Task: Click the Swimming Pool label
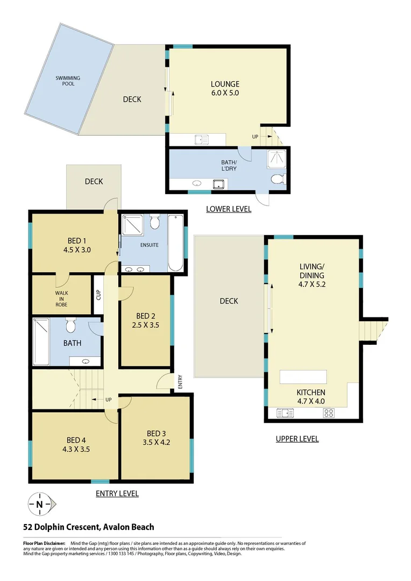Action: click(68, 81)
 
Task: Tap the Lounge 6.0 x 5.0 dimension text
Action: click(224, 93)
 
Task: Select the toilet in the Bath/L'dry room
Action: click(278, 179)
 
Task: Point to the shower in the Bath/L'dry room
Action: click(278, 159)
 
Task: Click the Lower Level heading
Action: click(229, 209)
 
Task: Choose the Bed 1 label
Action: click(75, 240)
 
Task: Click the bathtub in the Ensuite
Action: click(176, 243)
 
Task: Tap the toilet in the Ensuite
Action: click(155, 221)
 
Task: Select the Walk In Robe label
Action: click(61, 299)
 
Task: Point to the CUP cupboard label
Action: click(98, 294)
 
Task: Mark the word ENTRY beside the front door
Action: click(180, 381)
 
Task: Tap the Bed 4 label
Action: click(75, 440)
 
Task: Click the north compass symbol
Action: click(40, 504)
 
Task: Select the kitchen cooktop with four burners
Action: click(329, 413)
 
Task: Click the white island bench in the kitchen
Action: click(303, 377)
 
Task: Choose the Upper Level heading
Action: click(297, 439)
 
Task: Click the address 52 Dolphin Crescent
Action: click(88, 527)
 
